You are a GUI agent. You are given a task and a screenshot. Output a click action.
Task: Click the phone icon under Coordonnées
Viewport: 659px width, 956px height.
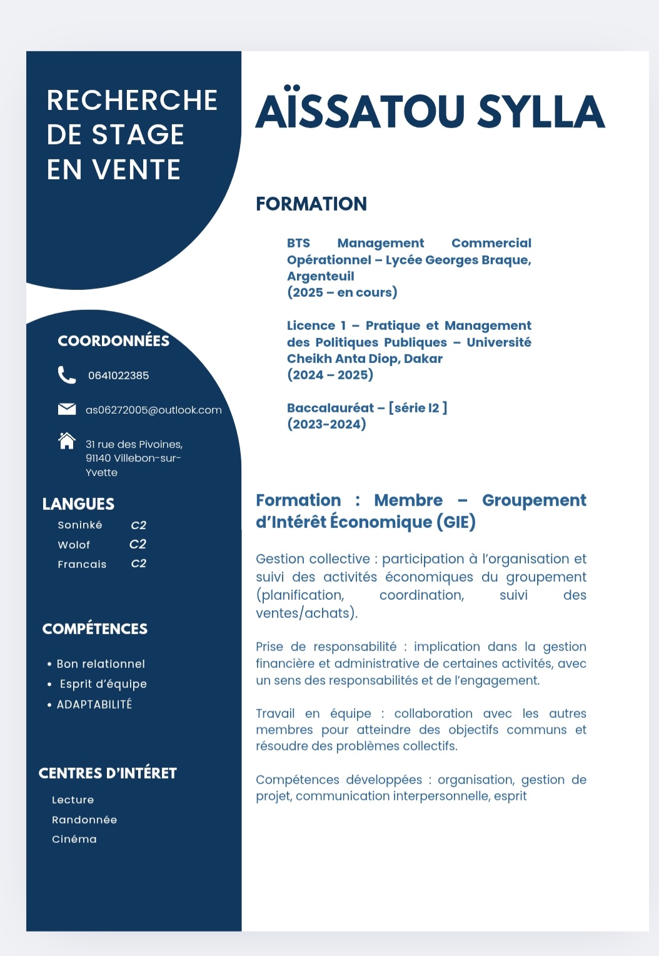pyautogui.click(x=66, y=375)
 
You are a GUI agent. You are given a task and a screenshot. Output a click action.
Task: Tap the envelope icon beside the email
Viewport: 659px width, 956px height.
pyautogui.click(x=66, y=409)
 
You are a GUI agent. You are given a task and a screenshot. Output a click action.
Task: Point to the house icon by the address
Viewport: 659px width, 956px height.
pyautogui.click(x=66, y=441)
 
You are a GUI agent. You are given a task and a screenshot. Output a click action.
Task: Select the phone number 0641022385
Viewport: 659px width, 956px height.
pyautogui.click(x=118, y=376)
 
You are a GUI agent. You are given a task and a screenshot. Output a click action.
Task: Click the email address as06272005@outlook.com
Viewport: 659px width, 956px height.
pyautogui.click(x=153, y=410)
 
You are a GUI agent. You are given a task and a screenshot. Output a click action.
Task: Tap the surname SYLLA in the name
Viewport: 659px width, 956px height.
pyautogui.click(x=541, y=112)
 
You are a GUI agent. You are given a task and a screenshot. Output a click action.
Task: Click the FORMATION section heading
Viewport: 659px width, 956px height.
pyautogui.click(x=311, y=204)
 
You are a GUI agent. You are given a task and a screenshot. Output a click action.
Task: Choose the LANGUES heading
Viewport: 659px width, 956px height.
pyautogui.click(x=78, y=504)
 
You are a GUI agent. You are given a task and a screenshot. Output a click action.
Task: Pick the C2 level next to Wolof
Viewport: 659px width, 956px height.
pyautogui.click(x=138, y=544)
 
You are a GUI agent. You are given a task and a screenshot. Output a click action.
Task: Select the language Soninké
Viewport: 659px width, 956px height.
pyautogui.click(x=80, y=525)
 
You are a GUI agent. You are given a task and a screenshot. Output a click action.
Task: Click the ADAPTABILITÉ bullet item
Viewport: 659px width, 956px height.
pyautogui.click(x=94, y=704)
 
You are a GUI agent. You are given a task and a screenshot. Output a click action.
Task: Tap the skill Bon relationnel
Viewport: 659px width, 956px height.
pyautogui.click(x=101, y=664)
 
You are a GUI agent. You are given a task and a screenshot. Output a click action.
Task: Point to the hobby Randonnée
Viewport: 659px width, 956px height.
pyautogui.click(x=84, y=820)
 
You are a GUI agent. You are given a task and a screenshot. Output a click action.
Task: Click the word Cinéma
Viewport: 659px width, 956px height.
pyautogui.click(x=74, y=839)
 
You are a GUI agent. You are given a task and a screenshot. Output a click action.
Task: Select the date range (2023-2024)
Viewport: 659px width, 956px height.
pyautogui.click(x=326, y=424)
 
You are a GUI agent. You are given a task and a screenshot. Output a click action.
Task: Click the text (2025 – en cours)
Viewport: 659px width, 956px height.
pyautogui.click(x=342, y=292)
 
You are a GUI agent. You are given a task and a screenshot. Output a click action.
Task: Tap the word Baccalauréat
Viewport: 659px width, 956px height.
pyautogui.click(x=330, y=408)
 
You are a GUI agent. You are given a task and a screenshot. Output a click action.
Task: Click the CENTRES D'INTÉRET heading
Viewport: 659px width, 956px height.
pyautogui.click(x=108, y=773)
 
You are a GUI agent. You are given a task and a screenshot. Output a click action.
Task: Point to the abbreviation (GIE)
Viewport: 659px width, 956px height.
pyautogui.click(x=456, y=522)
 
